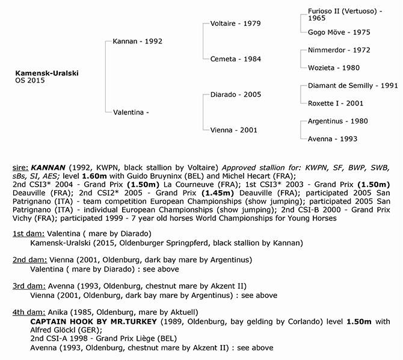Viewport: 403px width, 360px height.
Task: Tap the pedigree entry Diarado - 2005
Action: click(x=235, y=95)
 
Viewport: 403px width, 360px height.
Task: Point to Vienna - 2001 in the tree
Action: click(x=233, y=130)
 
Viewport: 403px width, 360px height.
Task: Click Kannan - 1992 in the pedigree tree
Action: click(x=138, y=42)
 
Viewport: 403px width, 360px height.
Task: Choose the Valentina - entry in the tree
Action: click(x=131, y=112)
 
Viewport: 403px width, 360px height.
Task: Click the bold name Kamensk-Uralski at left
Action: click(x=47, y=73)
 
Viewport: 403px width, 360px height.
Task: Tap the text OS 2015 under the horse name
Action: click(x=31, y=81)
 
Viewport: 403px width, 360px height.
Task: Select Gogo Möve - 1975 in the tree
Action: click(x=339, y=32)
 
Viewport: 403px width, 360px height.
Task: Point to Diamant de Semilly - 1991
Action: click(x=352, y=85)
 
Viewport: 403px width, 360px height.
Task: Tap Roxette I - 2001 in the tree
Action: click(x=336, y=103)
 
